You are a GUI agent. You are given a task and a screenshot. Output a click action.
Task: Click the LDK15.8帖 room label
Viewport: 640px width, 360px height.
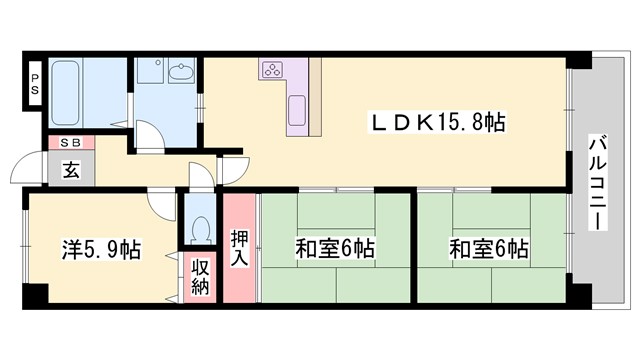point(439,121)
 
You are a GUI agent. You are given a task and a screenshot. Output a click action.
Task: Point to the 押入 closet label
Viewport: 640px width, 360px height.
point(240,248)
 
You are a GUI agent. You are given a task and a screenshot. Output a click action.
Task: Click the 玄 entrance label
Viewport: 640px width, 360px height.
point(72,169)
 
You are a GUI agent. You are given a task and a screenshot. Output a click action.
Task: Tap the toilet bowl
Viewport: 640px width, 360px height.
point(200,230)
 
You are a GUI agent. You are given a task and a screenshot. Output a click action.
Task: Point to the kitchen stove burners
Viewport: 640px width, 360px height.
point(272,69)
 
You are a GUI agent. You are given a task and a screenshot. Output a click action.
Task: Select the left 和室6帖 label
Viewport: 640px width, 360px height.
point(334,248)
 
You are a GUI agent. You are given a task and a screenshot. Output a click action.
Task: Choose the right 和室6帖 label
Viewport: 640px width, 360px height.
point(489,248)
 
